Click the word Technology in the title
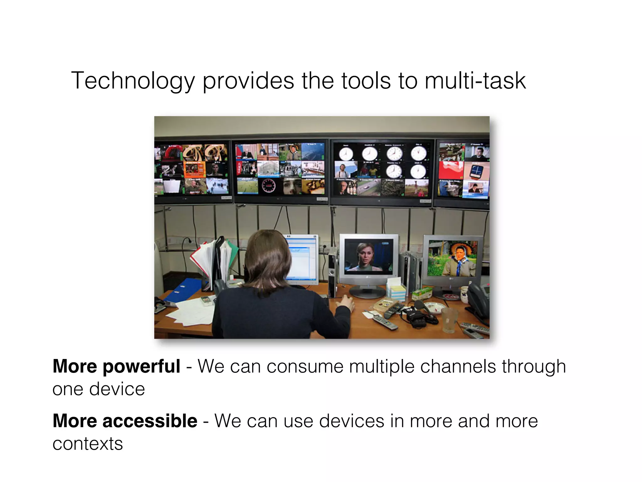pos(133,81)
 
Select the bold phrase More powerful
pos(116,366)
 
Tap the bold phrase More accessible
pos(125,421)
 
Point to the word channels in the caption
pos(458,366)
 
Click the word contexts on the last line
pos(87,444)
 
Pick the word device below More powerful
pos(117,389)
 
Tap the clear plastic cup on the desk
pos(449,319)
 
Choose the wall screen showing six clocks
pos(382,171)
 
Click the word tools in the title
pos(366,81)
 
